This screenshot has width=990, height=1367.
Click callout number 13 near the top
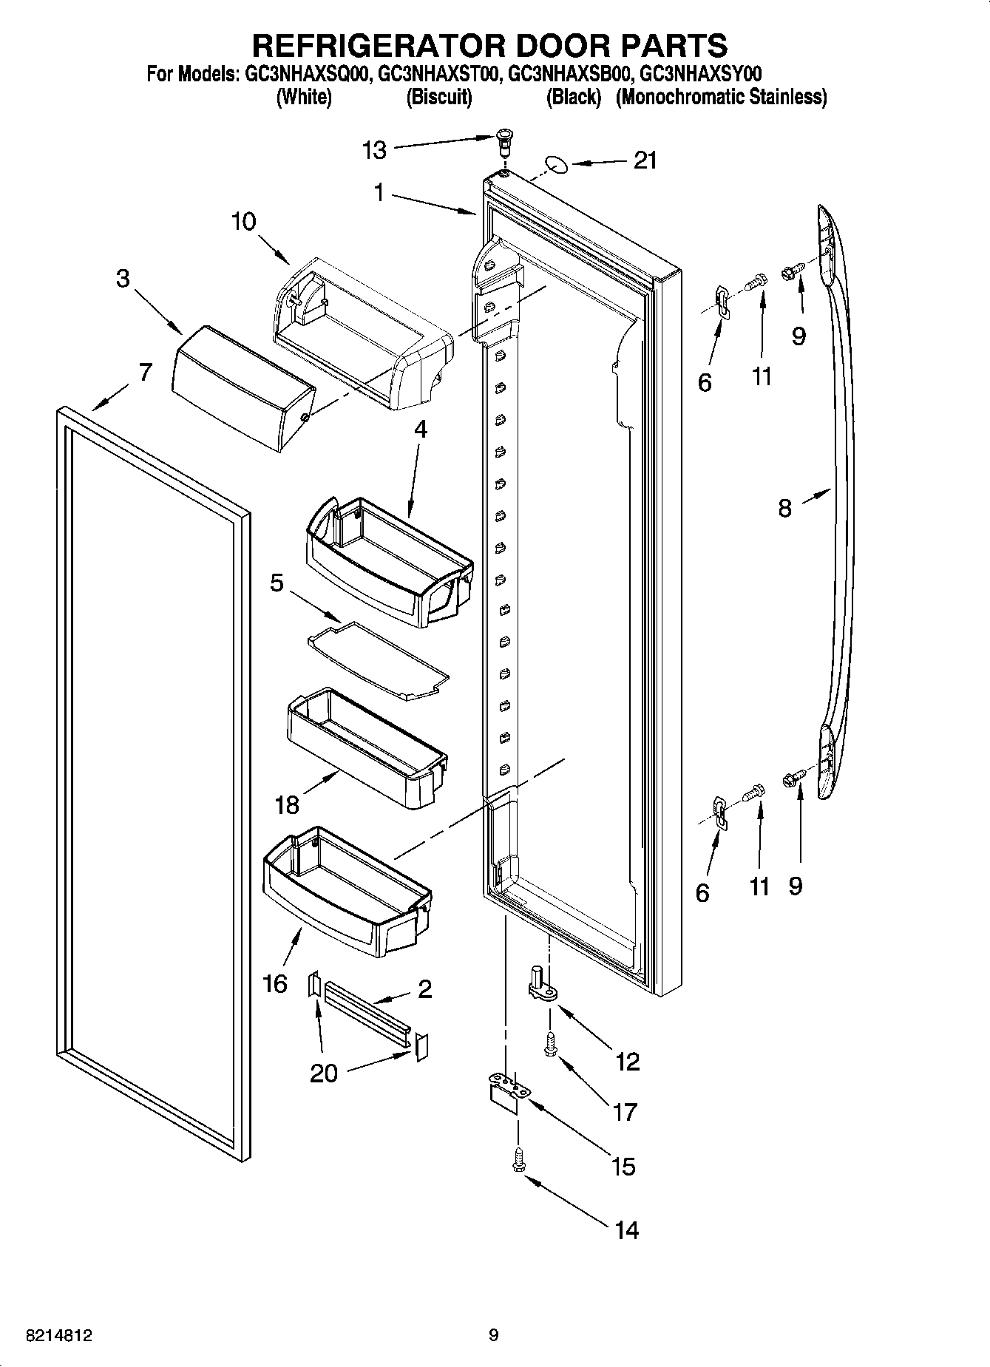(x=374, y=151)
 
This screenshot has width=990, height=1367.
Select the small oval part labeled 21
(x=555, y=163)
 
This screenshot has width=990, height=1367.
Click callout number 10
(x=243, y=221)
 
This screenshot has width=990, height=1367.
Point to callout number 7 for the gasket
(x=145, y=372)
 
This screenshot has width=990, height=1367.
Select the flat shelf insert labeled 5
(x=379, y=659)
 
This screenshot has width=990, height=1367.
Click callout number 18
(x=286, y=805)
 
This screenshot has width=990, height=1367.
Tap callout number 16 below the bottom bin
(x=274, y=983)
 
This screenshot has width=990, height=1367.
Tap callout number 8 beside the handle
(x=784, y=508)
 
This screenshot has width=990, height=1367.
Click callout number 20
(x=324, y=1073)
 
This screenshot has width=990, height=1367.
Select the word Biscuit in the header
(x=439, y=97)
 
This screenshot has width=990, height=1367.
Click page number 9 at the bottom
(x=494, y=1335)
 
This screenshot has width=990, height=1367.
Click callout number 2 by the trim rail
(x=424, y=989)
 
